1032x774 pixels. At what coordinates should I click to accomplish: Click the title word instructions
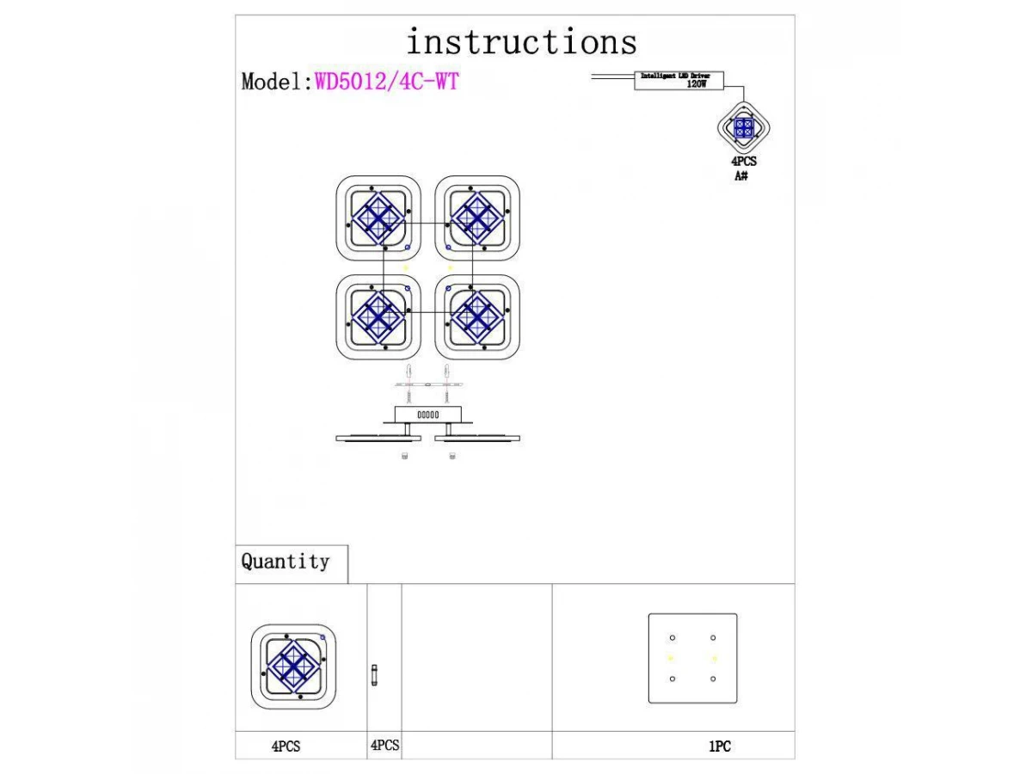[521, 42]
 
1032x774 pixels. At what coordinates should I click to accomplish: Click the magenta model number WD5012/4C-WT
[387, 82]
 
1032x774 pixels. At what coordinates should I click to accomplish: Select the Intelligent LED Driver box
[679, 81]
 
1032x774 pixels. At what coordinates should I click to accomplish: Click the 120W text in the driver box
[696, 85]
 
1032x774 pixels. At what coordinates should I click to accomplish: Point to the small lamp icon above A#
[745, 128]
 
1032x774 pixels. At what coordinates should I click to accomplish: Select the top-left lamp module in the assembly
[378, 218]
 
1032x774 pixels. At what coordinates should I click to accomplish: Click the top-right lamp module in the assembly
[478, 218]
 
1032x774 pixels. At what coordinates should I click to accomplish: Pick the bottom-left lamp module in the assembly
[378, 316]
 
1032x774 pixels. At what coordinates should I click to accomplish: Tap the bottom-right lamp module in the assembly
[478, 316]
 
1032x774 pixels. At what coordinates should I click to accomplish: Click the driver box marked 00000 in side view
[427, 415]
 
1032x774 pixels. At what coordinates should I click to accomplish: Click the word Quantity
[286, 562]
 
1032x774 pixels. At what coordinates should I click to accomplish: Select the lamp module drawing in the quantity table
[292, 665]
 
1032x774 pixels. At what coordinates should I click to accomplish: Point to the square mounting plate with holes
[692, 659]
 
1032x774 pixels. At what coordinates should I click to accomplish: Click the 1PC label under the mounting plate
[720, 747]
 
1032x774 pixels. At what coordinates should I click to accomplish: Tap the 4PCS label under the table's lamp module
[286, 747]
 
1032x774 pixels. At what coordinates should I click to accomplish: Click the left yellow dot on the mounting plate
[672, 659]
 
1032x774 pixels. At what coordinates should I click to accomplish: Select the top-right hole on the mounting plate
[713, 637]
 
